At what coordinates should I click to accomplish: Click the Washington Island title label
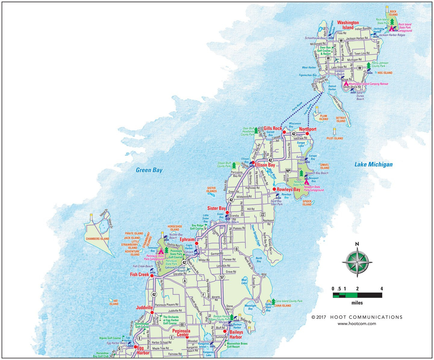pyautogui.click(x=348, y=25)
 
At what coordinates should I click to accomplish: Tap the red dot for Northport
pyautogui.click(x=307, y=133)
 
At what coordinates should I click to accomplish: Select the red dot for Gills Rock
pyautogui.click(x=284, y=132)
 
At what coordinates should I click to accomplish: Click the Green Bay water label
pyautogui.click(x=149, y=170)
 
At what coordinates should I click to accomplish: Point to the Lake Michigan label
pyautogui.click(x=373, y=164)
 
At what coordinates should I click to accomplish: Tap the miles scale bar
pyautogui.click(x=357, y=295)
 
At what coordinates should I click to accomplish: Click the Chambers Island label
pyautogui.click(x=97, y=239)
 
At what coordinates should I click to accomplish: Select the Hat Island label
pyautogui.click(x=114, y=302)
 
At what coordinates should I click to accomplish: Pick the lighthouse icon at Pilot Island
pyautogui.click(x=334, y=131)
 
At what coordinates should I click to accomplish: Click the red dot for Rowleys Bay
pyautogui.click(x=274, y=189)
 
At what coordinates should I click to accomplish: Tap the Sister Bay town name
pyautogui.click(x=216, y=208)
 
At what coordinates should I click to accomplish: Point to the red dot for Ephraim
pyautogui.click(x=196, y=243)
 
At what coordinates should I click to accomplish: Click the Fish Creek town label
pyautogui.click(x=140, y=274)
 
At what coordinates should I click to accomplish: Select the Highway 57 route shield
pyautogui.click(x=222, y=277)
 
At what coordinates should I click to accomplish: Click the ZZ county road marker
pyautogui.click(x=263, y=214)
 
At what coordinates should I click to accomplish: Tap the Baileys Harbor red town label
pyautogui.click(x=236, y=335)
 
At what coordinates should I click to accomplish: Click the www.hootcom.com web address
pyautogui.click(x=357, y=324)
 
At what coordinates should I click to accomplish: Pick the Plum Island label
pyautogui.click(x=323, y=117)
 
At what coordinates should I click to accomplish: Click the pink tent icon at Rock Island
pyautogui.click(x=392, y=29)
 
